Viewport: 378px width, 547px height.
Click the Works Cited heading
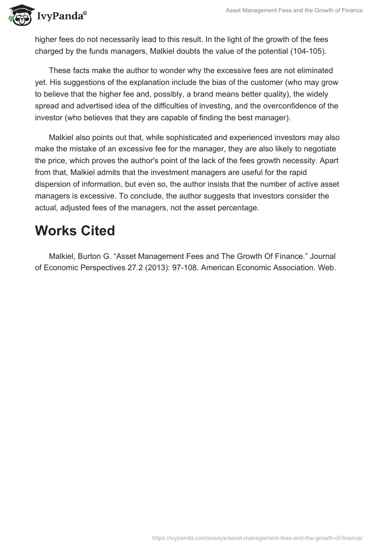pos(75,231)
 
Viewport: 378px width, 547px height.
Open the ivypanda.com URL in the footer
pos(257,538)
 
